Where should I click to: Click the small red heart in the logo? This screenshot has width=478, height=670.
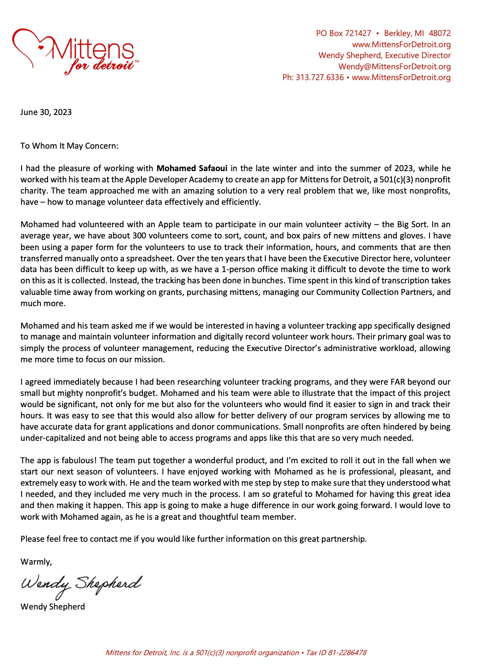coord(40,47)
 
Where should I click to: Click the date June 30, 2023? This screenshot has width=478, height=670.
coord(46,112)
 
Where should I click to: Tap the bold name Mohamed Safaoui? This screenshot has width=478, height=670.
coord(192,168)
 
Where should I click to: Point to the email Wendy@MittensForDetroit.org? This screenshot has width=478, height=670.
coord(394,67)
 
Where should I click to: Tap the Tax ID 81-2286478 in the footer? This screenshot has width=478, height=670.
coord(347,653)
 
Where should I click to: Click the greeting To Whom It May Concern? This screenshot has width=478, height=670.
coord(69,146)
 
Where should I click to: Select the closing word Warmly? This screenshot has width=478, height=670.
coord(36,562)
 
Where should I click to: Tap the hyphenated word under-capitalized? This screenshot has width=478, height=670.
coord(53,438)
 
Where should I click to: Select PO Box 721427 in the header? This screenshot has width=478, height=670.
coord(343,33)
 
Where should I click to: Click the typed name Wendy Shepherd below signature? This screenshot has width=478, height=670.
coord(52,607)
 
